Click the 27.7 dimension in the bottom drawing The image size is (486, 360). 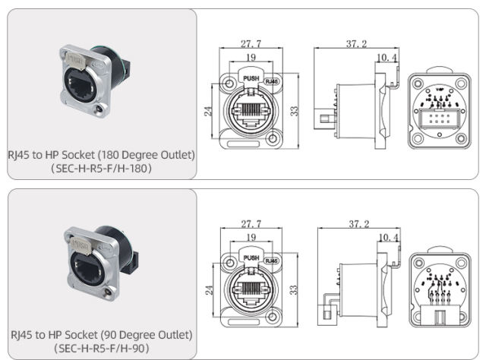252,225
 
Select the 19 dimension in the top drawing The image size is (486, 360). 250,57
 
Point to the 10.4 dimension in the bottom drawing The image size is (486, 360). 387,237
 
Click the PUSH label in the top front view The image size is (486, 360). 250,77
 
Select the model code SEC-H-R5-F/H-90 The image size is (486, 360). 101,348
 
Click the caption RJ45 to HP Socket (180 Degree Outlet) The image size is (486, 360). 101,155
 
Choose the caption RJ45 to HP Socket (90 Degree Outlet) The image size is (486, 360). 101,334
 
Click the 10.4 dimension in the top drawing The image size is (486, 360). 387,58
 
